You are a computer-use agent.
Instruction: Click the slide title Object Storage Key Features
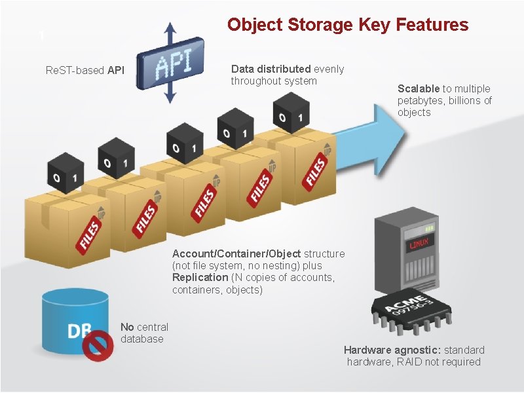tap(348, 26)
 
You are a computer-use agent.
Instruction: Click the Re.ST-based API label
tap(85, 71)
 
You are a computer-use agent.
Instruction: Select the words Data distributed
tap(271, 69)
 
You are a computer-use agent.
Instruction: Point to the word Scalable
tap(419, 88)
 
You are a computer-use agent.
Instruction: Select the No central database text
tap(144, 333)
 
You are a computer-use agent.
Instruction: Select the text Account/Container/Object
tap(236, 253)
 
